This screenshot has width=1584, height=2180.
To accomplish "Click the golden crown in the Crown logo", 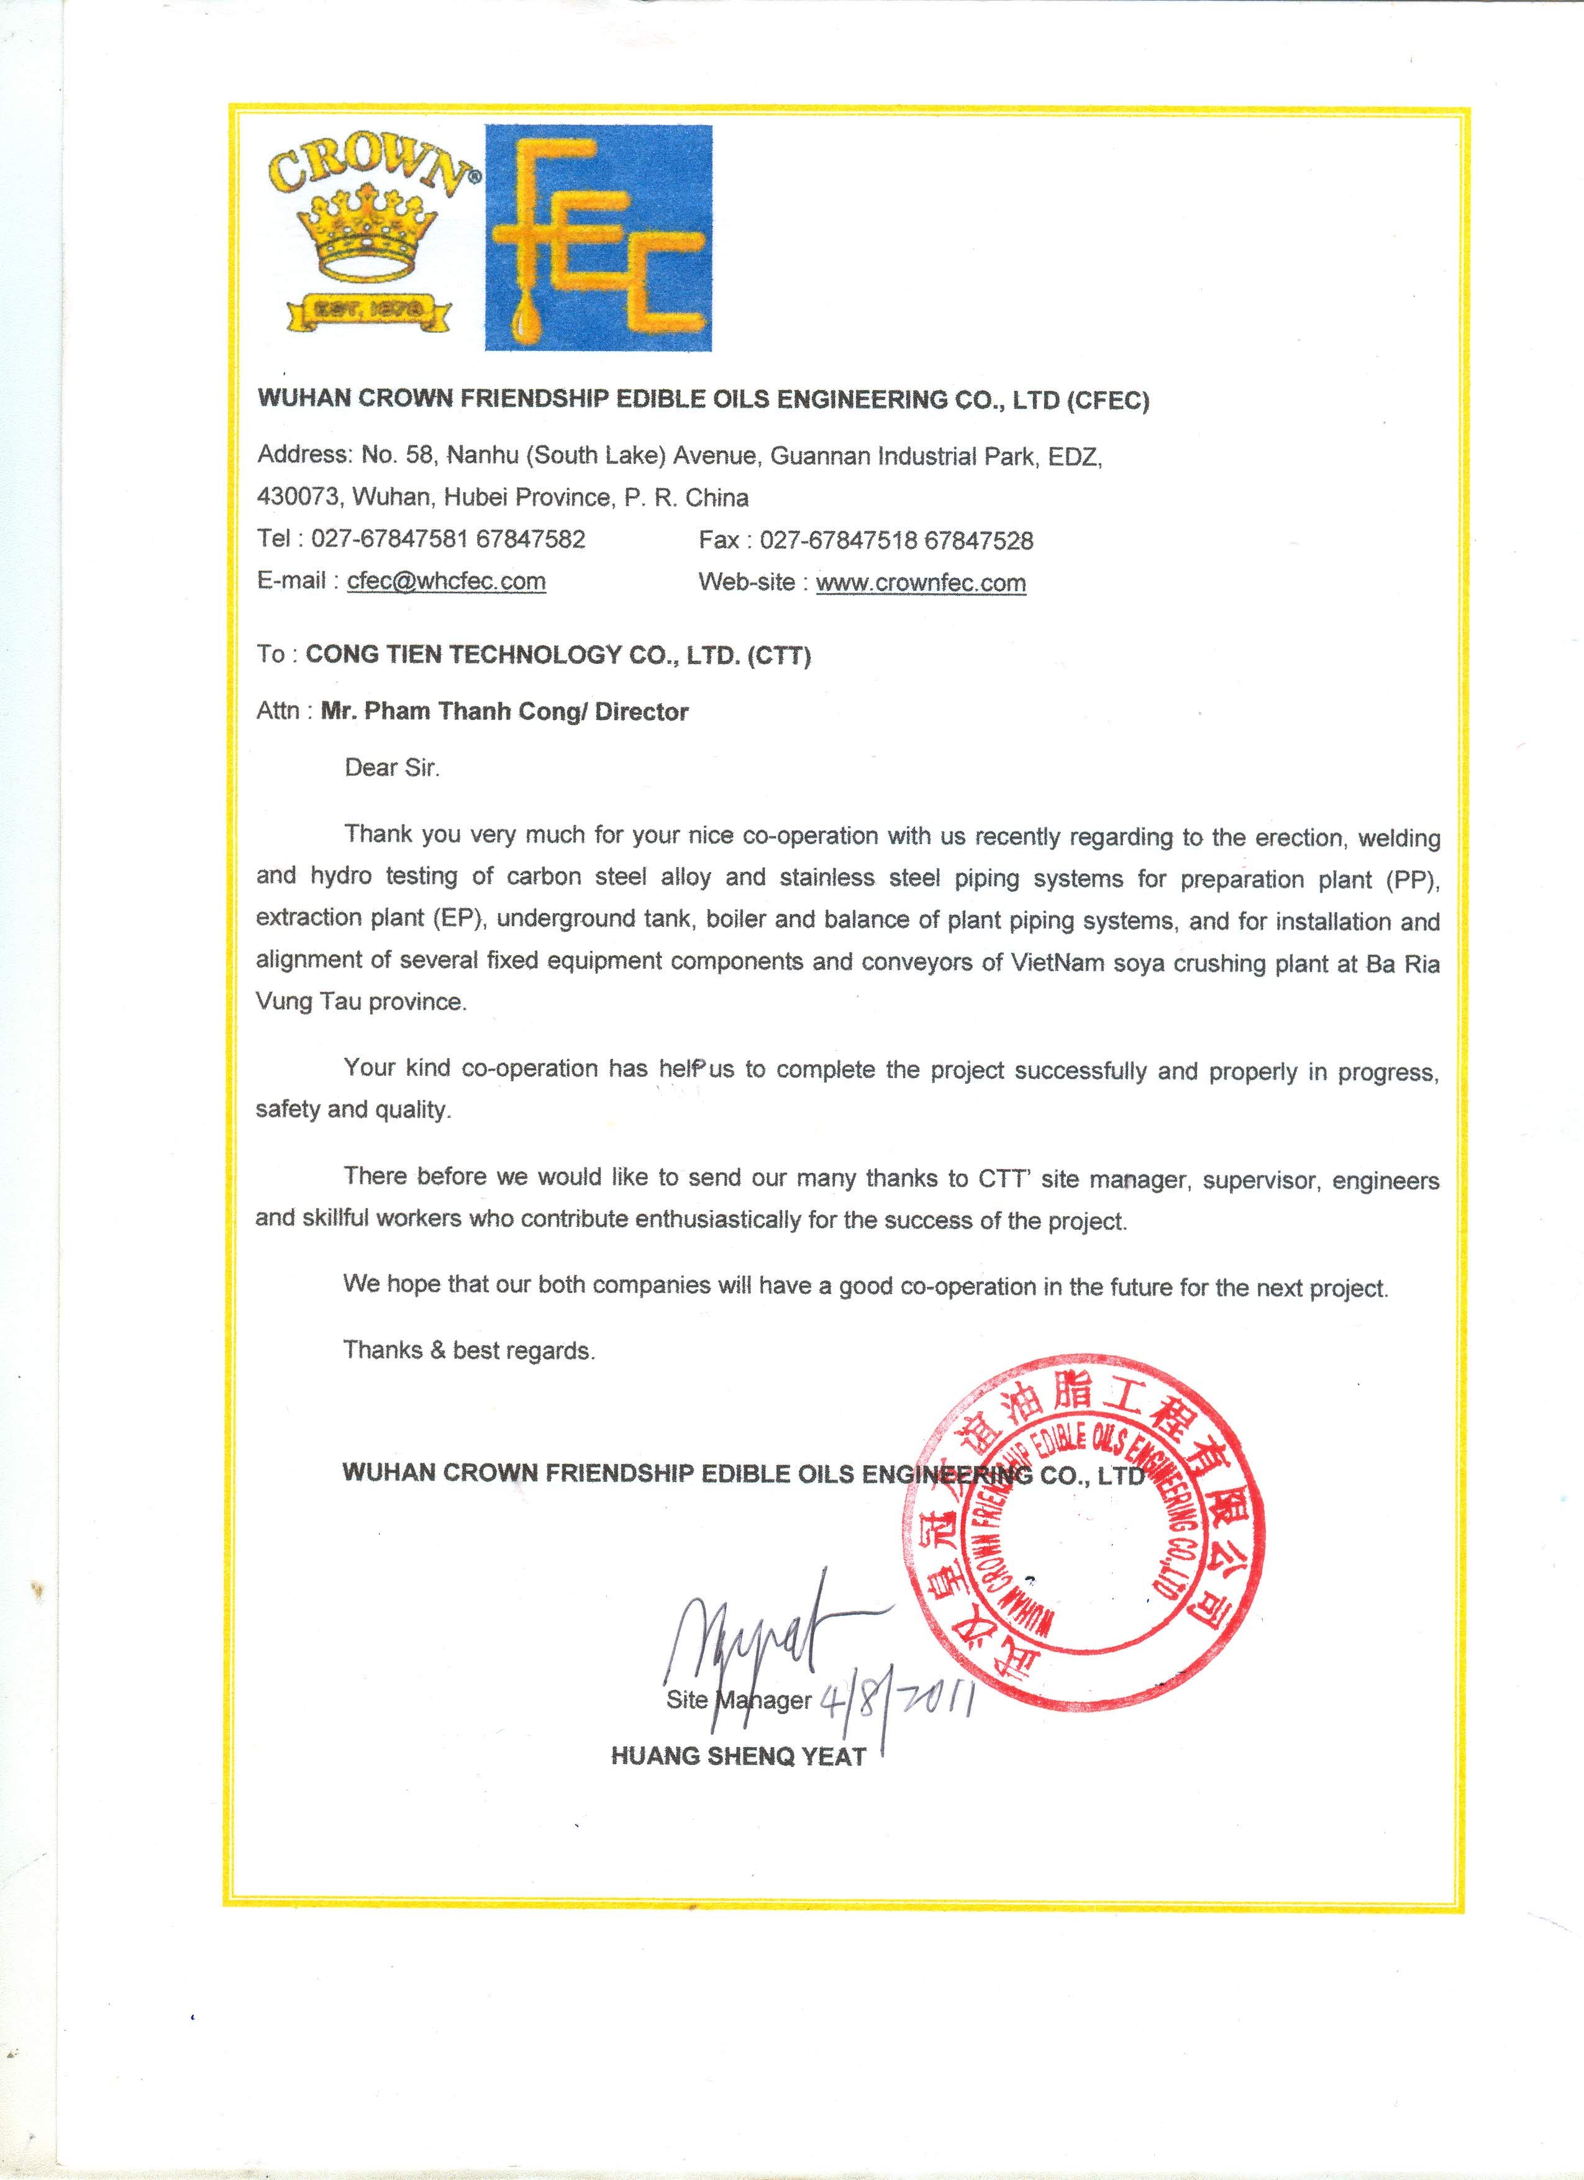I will [x=358, y=235].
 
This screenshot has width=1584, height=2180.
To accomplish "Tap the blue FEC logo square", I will [x=598, y=237].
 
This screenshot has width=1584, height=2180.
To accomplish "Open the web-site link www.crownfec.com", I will [x=921, y=583].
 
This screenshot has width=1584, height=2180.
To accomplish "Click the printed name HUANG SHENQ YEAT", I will [x=738, y=1756].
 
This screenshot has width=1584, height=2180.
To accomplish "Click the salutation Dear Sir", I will [x=392, y=768].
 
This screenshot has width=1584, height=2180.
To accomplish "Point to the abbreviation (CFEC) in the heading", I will [x=1108, y=401].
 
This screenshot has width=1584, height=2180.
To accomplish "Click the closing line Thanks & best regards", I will [x=469, y=1350].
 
